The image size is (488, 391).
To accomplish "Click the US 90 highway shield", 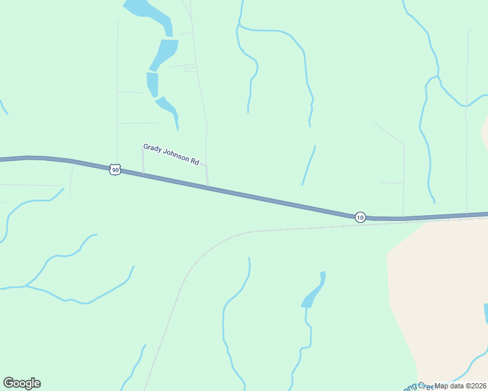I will tap(115, 169).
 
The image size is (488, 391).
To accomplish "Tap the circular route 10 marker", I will tap(360, 216).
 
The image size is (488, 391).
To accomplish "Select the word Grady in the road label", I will tap(152, 148).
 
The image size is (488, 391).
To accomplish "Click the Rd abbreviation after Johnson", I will tap(194, 160).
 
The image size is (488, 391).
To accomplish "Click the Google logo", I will tap(22, 383).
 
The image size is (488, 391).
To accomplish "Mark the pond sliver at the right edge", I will tap(486, 313).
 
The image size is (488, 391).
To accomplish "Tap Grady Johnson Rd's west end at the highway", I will tap(144, 174).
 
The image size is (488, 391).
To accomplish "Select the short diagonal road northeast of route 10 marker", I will tap(389, 133).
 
